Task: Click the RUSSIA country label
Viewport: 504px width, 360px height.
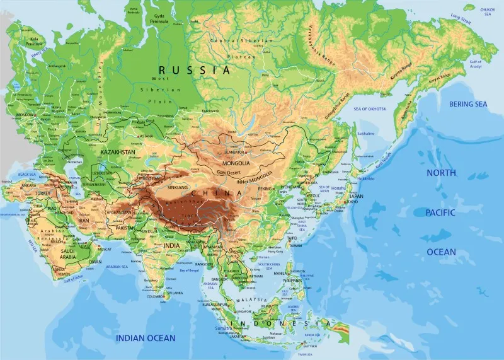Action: pyautogui.click(x=194, y=70)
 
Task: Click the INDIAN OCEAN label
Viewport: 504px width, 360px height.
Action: pyautogui.click(x=146, y=339)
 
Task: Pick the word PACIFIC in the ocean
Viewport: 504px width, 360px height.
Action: pyautogui.click(x=441, y=212)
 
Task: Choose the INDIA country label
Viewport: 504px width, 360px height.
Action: pyautogui.click(x=171, y=245)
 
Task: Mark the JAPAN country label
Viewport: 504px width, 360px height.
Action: pyautogui.click(x=356, y=195)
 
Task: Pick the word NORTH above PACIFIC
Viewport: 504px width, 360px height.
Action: pyautogui.click(x=441, y=173)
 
